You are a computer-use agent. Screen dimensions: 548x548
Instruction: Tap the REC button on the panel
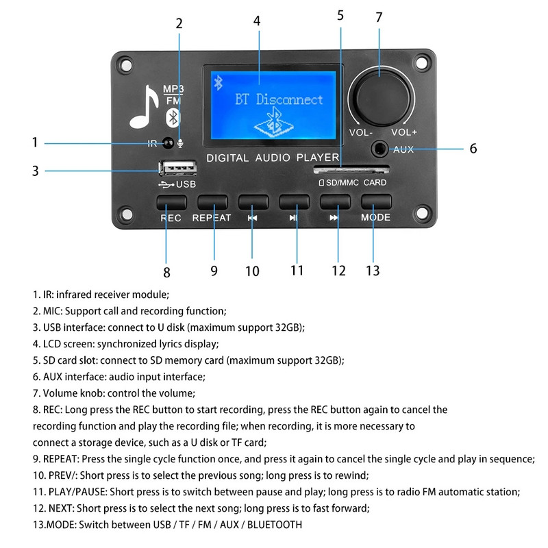pos(171,202)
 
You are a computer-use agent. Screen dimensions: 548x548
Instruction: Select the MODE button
pos(376,202)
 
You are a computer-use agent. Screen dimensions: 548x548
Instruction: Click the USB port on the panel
pos(177,168)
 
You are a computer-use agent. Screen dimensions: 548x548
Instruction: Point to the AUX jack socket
pos(379,147)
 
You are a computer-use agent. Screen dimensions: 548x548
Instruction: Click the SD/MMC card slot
pos(351,168)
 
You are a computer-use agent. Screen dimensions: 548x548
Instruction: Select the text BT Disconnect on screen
pos(279,99)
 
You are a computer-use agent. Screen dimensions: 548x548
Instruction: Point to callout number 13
pos(372,271)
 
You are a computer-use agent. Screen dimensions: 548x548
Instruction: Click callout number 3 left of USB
pos(36,171)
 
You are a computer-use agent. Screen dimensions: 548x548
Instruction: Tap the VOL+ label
pos(404,132)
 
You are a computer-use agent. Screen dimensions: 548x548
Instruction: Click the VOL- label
pos(360,132)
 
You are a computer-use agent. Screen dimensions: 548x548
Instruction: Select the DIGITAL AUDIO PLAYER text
pos(273,158)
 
